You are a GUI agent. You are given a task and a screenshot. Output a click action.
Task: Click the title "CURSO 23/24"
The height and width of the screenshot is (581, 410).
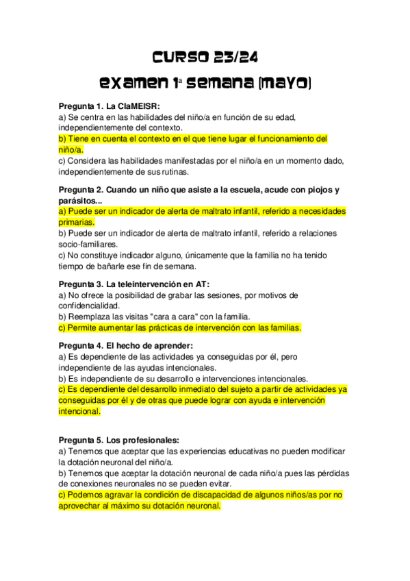pos(205,56)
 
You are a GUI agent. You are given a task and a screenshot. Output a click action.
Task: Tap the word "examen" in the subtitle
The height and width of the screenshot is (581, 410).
pos(134,84)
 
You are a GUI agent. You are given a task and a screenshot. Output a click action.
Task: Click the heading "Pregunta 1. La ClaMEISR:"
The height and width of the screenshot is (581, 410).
pos(110,106)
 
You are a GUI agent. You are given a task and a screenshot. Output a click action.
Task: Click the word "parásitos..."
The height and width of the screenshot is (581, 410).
pos(80,201)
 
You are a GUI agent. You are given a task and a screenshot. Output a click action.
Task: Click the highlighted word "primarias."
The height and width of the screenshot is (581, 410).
pos(77,222)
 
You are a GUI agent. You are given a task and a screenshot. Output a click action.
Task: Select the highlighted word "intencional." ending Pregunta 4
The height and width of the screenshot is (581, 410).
pos(79,412)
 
